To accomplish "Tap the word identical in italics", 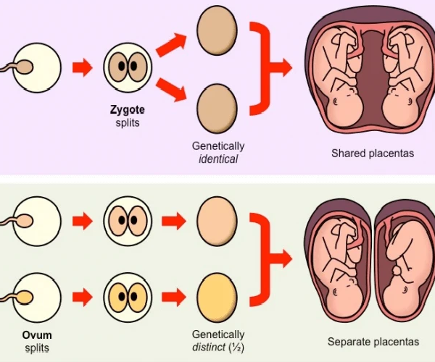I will coord(218,159).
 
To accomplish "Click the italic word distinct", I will coord(210,347).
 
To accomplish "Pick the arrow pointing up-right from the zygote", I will coord(172,46).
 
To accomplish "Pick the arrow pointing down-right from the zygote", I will coord(172,90).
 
